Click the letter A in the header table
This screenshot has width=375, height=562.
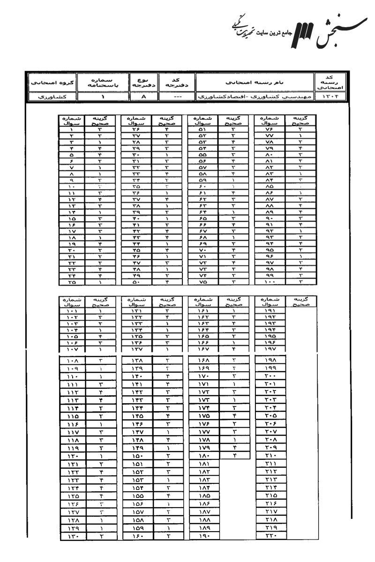coord(144,97)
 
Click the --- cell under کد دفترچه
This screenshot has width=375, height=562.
coord(174,97)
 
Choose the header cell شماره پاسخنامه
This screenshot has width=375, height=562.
coord(103,82)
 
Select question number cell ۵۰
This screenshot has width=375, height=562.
coord(136,282)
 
